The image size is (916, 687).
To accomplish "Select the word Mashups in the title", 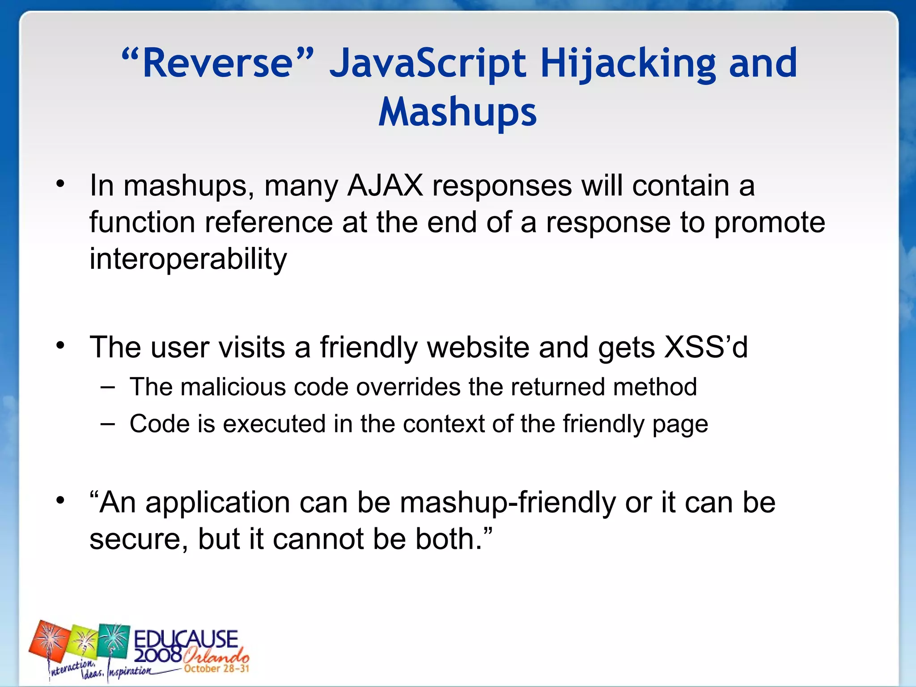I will [457, 112].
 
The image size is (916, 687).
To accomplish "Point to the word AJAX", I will [385, 186].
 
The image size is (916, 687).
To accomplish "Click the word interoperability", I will [188, 259].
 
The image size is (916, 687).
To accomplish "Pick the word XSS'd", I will [706, 347].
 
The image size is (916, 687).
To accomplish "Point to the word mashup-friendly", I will [508, 502].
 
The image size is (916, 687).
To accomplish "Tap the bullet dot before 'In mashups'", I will [61, 184].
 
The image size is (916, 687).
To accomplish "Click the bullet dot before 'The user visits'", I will [61, 345].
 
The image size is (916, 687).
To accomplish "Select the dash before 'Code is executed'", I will [107, 423].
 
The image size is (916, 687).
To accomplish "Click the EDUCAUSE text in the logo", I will [186, 639].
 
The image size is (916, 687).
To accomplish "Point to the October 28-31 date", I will [216, 669].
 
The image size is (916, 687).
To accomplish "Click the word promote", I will [769, 222].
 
